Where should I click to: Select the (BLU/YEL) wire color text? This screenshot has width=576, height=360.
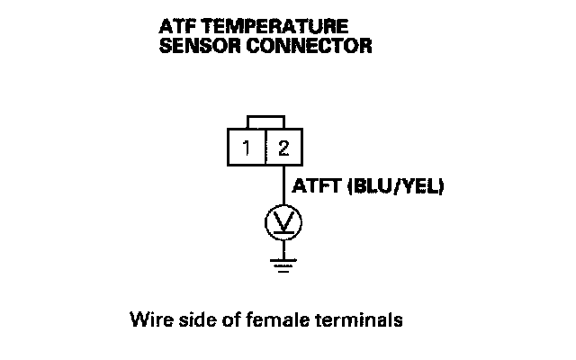pos(397,188)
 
